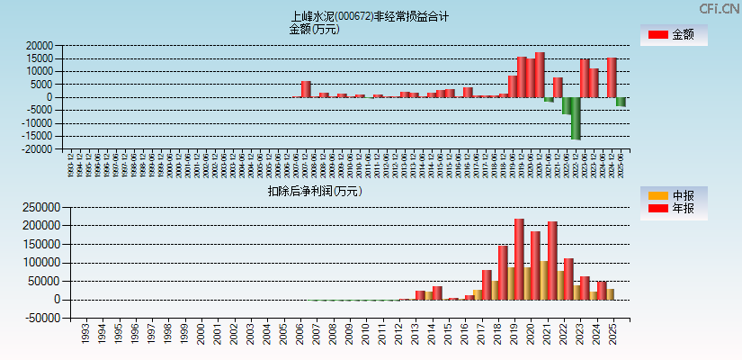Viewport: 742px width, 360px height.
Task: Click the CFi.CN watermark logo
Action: point(720,8)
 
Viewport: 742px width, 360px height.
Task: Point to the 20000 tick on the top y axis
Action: point(38,45)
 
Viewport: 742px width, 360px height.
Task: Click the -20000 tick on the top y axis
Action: point(36,148)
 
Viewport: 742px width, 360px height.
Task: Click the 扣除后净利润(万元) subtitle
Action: point(314,191)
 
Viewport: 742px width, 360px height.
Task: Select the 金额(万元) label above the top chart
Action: point(314,29)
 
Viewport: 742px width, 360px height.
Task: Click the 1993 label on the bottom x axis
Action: point(85,334)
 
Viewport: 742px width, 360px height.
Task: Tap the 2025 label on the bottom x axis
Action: point(612,334)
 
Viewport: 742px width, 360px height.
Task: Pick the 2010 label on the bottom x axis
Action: point(365,334)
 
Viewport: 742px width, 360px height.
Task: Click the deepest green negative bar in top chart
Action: point(576,118)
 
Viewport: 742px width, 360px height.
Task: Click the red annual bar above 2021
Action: point(552,260)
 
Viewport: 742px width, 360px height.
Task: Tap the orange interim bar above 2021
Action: point(543,280)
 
